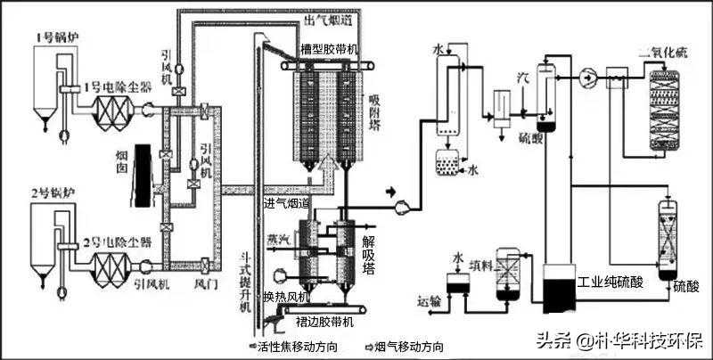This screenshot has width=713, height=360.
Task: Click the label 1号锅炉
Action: coord(55,37)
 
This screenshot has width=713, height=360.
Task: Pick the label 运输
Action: coord(429,301)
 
